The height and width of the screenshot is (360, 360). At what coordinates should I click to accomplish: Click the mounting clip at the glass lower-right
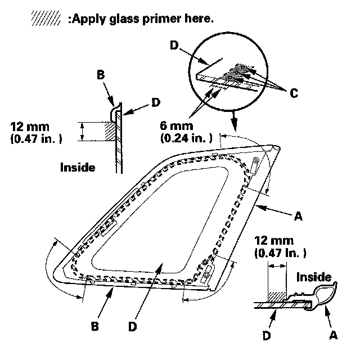[206, 274]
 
